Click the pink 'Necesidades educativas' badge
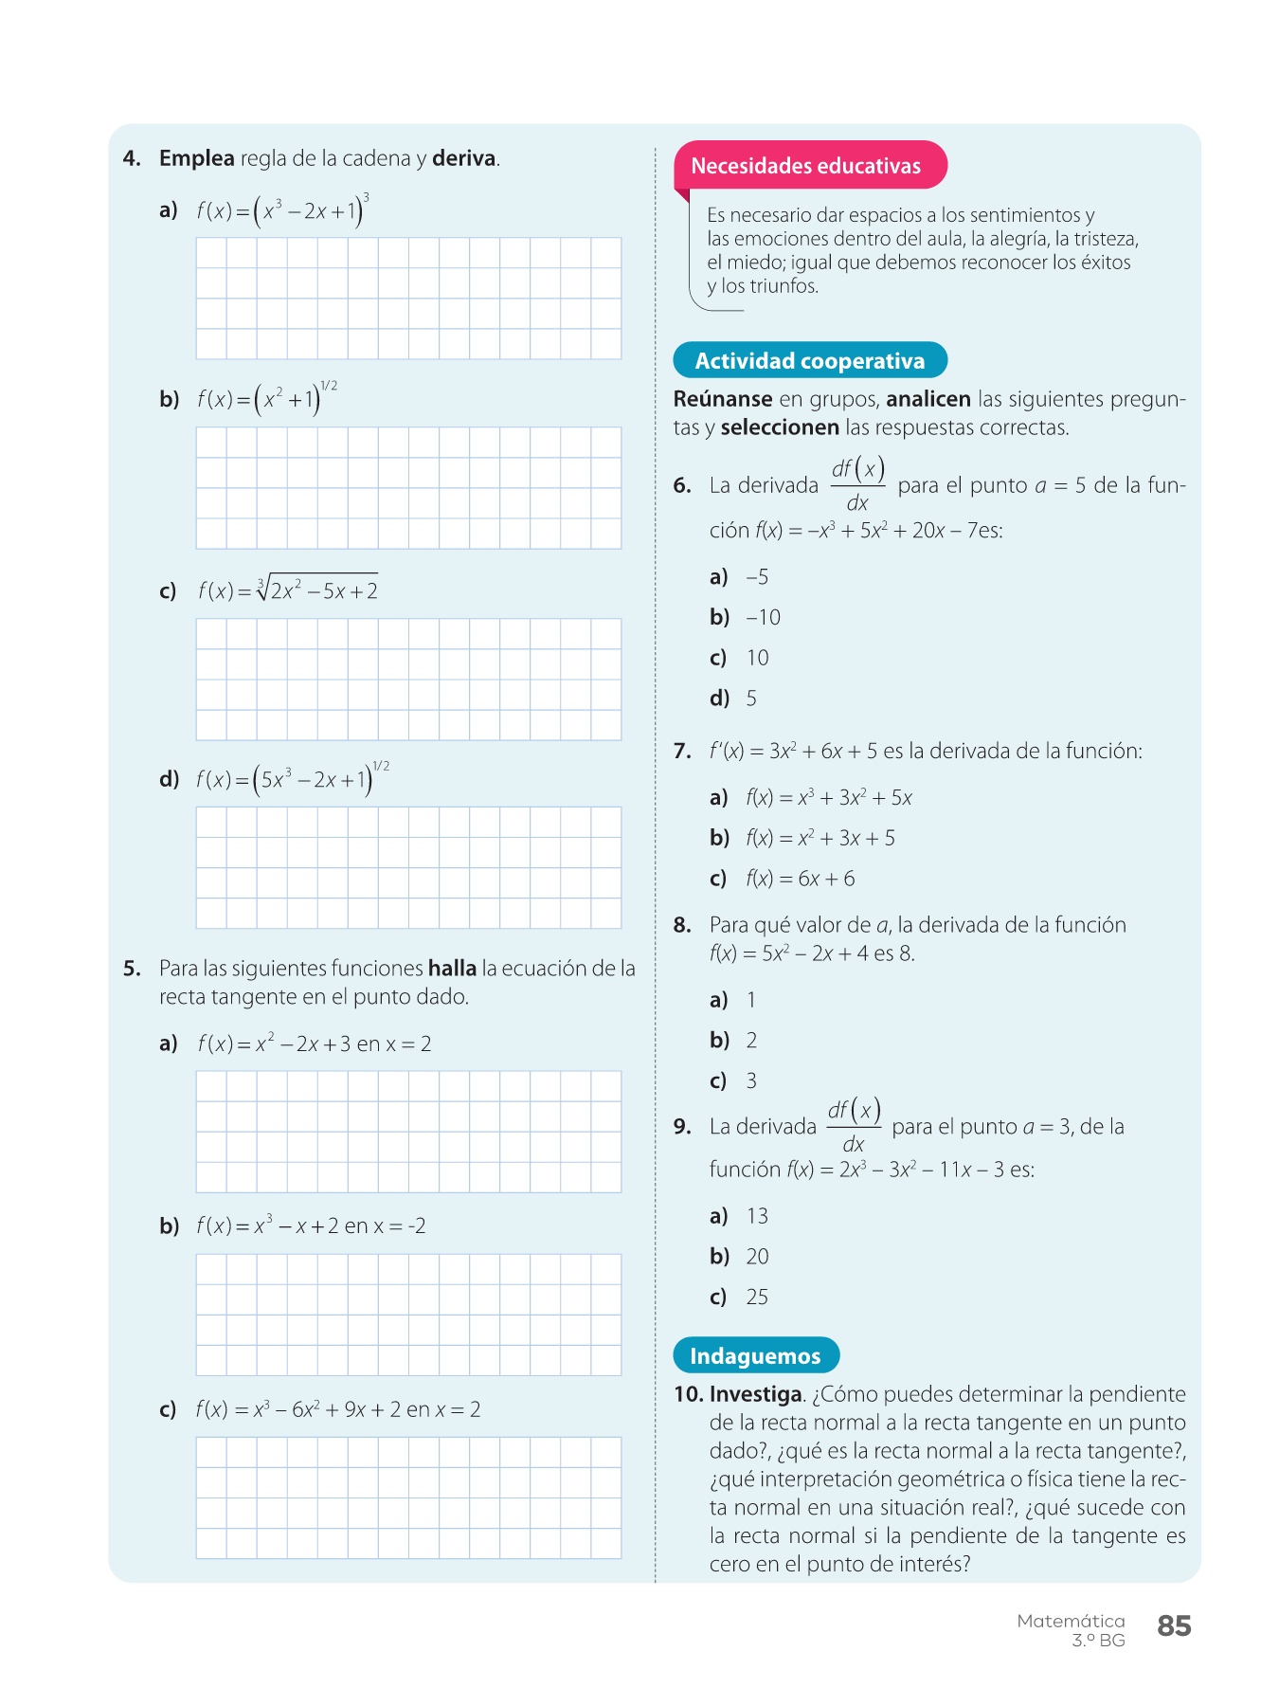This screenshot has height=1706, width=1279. click(x=806, y=166)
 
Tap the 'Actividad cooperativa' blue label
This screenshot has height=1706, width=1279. click(x=810, y=361)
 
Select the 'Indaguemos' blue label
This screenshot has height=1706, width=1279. click(x=755, y=1356)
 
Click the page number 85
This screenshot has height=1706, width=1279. click(x=1174, y=1626)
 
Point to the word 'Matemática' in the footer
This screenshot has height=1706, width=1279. click(x=1071, y=1622)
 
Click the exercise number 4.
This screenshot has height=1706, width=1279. click(x=132, y=158)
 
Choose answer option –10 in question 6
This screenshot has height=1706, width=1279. click(x=763, y=618)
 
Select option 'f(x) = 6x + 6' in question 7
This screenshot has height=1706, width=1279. click(x=801, y=879)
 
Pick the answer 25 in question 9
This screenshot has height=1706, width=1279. click(x=757, y=1298)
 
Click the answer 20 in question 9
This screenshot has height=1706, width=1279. click(x=757, y=1257)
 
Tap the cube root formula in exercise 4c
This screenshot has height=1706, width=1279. click(x=288, y=590)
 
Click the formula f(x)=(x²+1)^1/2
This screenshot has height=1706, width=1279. click(x=267, y=399)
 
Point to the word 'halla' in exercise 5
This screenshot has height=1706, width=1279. click(x=452, y=969)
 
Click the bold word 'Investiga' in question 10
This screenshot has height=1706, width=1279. click(x=756, y=1394)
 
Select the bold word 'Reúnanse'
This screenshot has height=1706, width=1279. click(x=723, y=399)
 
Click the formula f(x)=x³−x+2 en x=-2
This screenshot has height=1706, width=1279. click(x=311, y=1225)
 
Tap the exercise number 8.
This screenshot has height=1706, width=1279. click(x=682, y=925)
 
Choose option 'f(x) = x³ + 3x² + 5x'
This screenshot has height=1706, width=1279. click(x=829, y=798)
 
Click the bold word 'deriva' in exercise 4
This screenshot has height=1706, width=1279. click(x=464, y=158)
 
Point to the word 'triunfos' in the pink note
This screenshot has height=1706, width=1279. click(x=784, y=286)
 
